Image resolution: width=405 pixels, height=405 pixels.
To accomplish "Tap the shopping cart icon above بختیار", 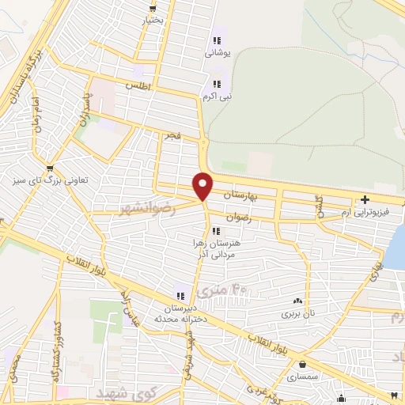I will click(152, 7).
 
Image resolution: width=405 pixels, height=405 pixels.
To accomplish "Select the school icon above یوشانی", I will click(216, 41).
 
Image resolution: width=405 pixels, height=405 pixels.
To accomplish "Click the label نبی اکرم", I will click(216, 97).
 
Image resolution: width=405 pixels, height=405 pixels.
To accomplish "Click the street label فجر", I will click(172, 136).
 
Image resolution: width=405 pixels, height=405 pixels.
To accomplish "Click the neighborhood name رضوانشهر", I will click(146, 207).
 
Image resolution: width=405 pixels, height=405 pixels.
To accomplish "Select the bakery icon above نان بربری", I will click(298, 301).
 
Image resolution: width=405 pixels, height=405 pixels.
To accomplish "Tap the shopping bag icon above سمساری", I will click(303, 365).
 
